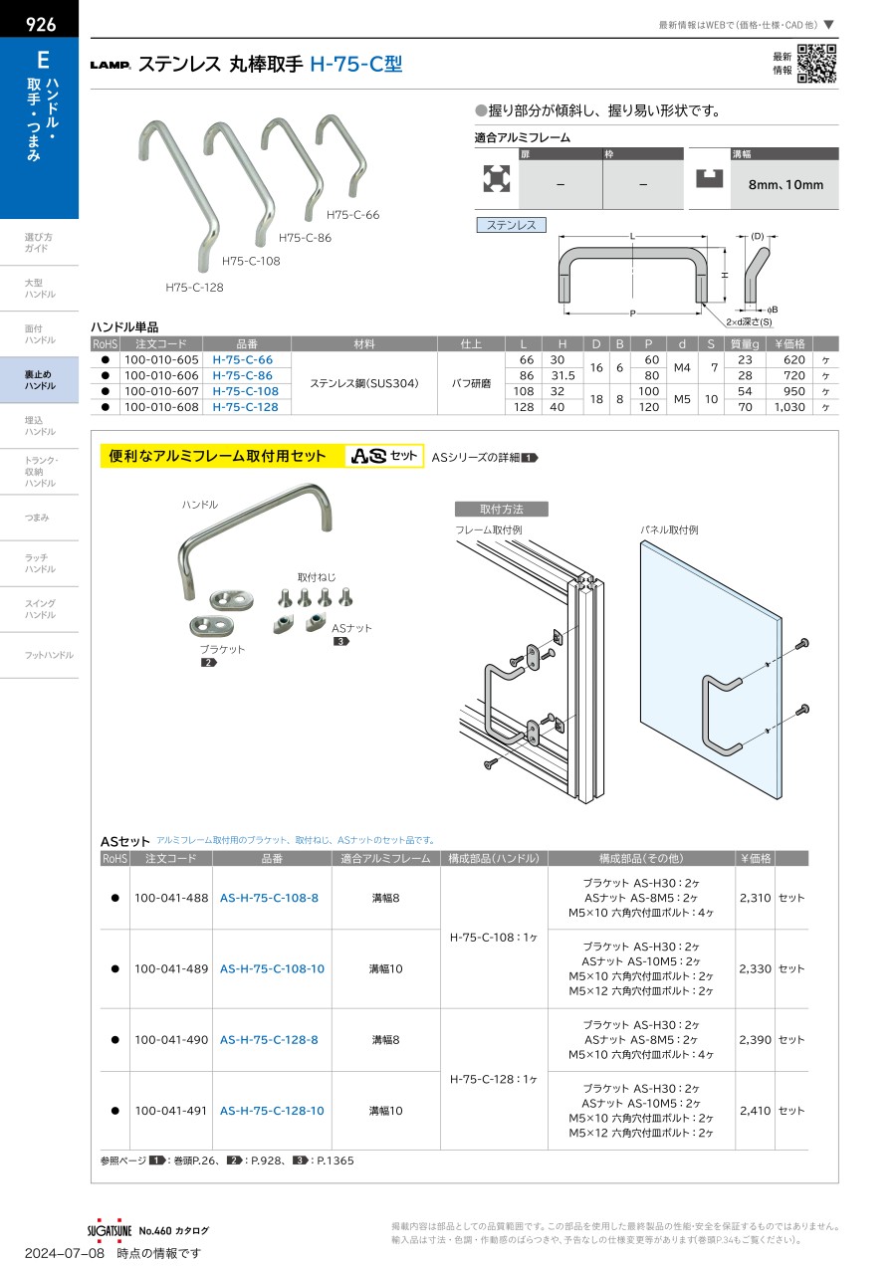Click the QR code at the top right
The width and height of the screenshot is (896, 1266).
[x=816, y=65]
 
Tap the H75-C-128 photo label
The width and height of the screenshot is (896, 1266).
[x=194, y=288]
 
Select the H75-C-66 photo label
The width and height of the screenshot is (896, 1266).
[x=353, y=215]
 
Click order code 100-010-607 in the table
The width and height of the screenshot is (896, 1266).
[x=159, y=391]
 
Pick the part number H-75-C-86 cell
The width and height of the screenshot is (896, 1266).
[x=243, y=375]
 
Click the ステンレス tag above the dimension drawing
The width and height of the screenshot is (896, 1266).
[x=512, y=226]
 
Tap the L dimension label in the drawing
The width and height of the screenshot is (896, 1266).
[x=633, y=236]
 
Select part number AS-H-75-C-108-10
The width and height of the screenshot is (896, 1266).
[x=272, y=968]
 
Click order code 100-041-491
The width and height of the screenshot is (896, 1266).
[x=171, y=1111]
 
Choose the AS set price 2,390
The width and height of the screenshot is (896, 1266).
[x=756, y=1040]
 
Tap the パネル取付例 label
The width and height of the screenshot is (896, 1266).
[x=670, y=531]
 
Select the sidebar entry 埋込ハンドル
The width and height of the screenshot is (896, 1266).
[x=40, y=426]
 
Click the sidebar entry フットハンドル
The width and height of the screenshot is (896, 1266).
[x=49, y=655]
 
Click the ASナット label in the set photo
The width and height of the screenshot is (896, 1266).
[x=349, y=628]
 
